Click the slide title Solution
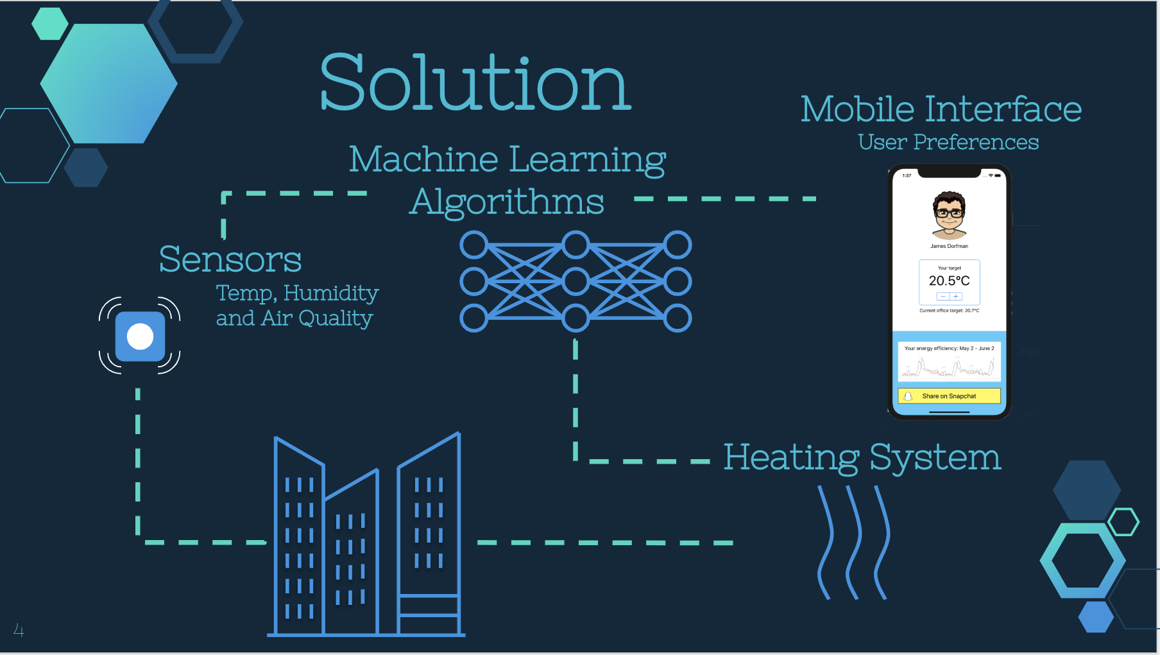click(475, 83)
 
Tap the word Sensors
click(230, 259)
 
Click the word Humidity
click(331, 293)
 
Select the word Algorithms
click(507, 202)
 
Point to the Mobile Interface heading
click(941, 109)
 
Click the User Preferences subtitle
click(948, 142)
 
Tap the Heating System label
click(862, 458)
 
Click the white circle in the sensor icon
click(140, 336)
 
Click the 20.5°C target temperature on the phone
click(949, 281)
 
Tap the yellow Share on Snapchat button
click(949, 396)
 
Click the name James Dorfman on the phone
click(949, 246)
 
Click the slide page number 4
click(19, 631)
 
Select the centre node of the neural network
click(576, 282)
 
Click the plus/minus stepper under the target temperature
click(949, 297)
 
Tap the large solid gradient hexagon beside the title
click(109, 83)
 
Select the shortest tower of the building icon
click(351, 555)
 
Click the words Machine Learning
click(507, 159)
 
